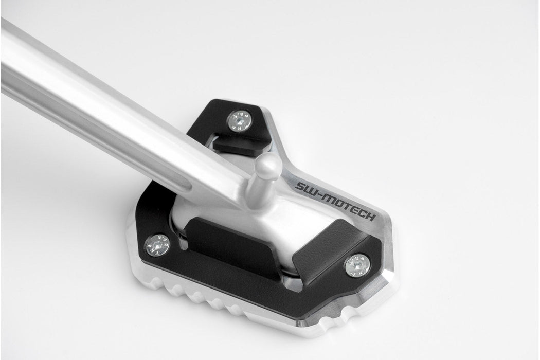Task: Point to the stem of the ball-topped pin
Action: (257, 190)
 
